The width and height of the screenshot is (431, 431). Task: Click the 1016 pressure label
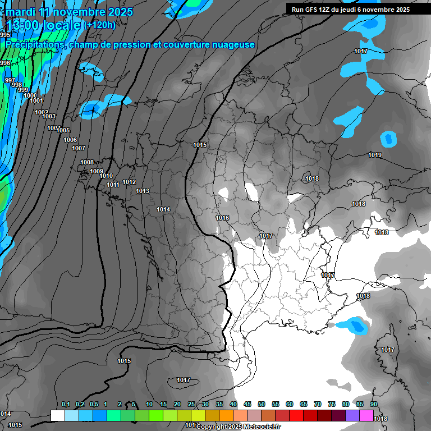point(222,218)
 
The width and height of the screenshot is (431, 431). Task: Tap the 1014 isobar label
point(163,209)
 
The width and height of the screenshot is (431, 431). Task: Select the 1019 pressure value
point(375,155)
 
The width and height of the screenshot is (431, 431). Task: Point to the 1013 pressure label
point(143,191)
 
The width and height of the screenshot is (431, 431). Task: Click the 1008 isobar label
point(87,162)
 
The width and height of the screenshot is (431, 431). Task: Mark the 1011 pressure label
point(113,185)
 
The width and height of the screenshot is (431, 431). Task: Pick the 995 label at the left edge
point(5,35)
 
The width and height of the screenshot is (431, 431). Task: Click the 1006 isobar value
point(70,140)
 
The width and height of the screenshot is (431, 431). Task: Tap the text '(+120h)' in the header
point(99,25)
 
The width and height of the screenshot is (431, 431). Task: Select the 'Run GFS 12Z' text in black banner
point(315,10)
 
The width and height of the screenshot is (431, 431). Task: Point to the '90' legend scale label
point(373,404)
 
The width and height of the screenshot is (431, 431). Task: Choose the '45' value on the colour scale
point(247,404)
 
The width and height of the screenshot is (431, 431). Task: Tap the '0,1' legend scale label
point(66,404)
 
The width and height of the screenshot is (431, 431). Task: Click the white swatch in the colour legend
point(57,415)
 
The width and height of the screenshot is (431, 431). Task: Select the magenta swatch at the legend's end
point(366,415)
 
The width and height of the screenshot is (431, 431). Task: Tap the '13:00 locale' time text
point(43,25)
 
